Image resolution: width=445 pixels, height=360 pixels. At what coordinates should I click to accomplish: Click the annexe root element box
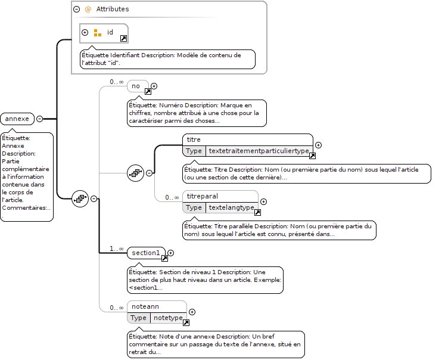17,119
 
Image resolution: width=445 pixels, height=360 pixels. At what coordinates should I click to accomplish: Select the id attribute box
104,33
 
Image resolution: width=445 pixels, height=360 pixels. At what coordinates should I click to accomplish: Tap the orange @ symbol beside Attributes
88,10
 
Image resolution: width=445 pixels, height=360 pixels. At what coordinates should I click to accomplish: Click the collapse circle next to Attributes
76,10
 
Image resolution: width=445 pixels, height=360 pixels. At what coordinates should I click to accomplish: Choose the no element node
138,86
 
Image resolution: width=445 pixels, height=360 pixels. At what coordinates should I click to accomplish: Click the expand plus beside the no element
154,86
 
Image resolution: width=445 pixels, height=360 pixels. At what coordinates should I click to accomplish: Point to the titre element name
194,139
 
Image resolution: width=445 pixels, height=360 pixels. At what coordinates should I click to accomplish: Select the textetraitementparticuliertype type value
259,151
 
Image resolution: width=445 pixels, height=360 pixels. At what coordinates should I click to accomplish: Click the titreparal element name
203,196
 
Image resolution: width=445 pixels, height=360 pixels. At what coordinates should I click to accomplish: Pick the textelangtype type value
231,207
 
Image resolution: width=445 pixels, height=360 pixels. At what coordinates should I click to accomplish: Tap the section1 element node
146,253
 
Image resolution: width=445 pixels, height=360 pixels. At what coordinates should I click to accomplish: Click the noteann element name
145,306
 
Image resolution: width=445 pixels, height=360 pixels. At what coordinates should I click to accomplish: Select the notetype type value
168,318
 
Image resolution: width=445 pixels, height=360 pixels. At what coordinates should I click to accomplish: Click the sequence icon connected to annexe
80,198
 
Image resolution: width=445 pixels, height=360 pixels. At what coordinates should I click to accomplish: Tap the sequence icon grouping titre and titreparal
135,173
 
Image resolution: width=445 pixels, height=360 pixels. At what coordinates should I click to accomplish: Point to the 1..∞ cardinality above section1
117,249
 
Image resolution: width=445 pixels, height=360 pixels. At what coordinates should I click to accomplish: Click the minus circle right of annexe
40,119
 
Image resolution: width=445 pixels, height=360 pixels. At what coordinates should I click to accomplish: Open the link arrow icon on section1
164,258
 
